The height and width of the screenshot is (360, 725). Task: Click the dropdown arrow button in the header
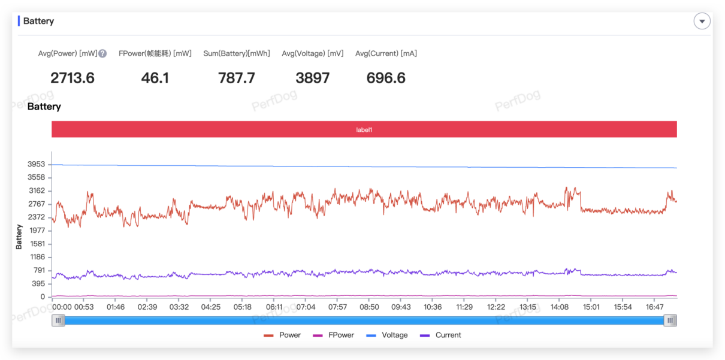[x=702, y=22]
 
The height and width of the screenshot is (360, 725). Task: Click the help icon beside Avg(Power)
[x=102, y=53]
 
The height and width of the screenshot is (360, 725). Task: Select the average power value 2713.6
[x=72, y=78]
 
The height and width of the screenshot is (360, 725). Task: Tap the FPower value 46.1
[x=155, y=78]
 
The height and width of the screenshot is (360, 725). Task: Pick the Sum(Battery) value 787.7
[x=237, y=78]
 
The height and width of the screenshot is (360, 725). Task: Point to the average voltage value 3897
[x=312, y=78]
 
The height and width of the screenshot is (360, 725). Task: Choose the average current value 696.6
[x=386, y=78]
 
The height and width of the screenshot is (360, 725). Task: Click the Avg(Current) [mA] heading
[x=386, y=53]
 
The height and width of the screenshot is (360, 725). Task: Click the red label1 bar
[x=364, y=129]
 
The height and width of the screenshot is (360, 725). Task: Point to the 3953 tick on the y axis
[x=36, y=164]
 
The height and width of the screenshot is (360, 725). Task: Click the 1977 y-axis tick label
[x=37, y=231]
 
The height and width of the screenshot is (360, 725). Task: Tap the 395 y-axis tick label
[x=38, y=284]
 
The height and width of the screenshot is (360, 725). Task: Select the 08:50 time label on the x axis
[x=369, y=307]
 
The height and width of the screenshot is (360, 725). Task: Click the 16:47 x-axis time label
[x=655, y=307]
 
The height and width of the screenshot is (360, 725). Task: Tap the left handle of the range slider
[x=58, y=320]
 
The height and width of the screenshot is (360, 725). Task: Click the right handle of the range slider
[x=670, y=320]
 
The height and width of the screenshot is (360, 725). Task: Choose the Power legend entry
[x=282, y=335]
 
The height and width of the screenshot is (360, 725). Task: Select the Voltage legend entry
[x=387, y=335]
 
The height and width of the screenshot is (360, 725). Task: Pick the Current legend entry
[x=440, y=335]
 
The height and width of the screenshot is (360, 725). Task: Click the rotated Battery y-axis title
[x=19, y=237]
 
